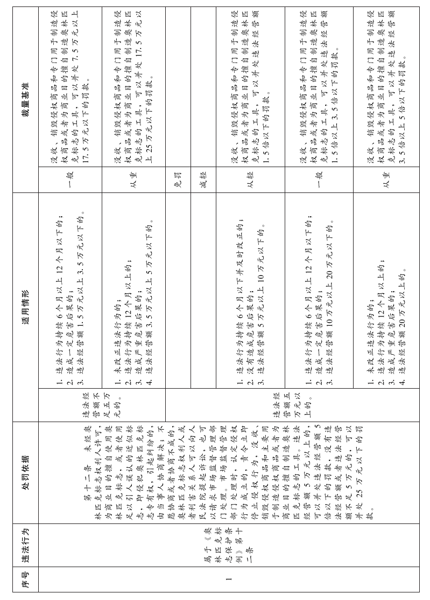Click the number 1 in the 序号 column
[228, 580]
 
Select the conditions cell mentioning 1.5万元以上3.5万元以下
[69, 291]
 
